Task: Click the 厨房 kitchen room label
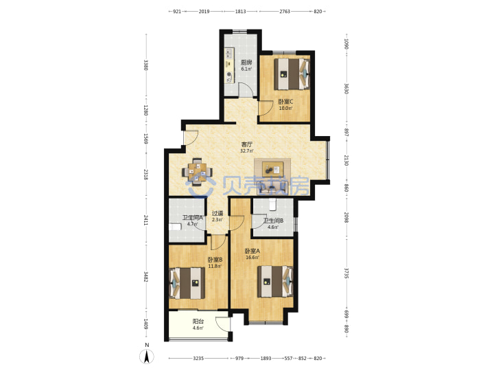click(x=246, y=62)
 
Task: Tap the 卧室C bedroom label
click(x=285, y=102)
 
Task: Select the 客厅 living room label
click(x=247, y=144)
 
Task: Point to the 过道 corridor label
click(x=217, y=213)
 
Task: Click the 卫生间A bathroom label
click(x=193, y=218)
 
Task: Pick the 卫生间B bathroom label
click(x=273, y=221)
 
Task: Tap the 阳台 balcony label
click(x=198, y=322)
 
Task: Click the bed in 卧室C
click(x=292, y=74)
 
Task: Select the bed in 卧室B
click(x=187, y=283)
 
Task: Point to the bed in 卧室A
click(x=275, y=282)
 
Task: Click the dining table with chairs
click(x=197, y=172)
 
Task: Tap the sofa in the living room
click(x=272, y=189)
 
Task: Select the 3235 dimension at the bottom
click(x=198, y=358)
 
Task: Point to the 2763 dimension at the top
click(x=285, y=12)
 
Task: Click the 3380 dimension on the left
click(x=145, y=65)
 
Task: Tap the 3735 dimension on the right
click(x=346, y=273)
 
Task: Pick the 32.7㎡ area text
click(x=247, y=150)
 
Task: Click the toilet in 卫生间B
click(x=273, y=204)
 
